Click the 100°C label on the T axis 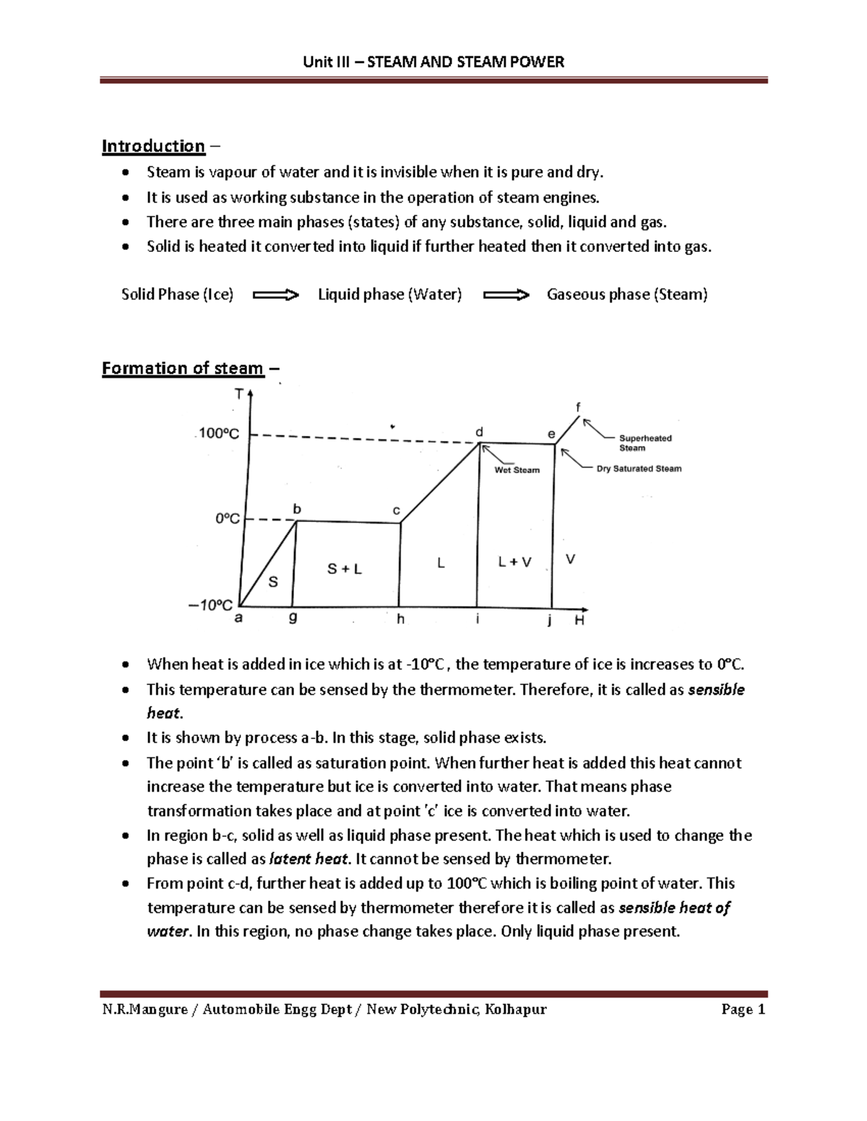click(x=219, y=434)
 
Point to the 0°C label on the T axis click(x=227, y=519)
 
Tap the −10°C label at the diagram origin click(x=210, y=606)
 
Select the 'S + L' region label click(x=345, y=569)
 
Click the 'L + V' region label click(x=514, y=562)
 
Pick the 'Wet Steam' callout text click(x=517, y=470)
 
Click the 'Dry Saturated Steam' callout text click(x=639, y=468)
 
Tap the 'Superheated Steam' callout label click(x=645, y=442)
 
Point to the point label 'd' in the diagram click(x=478, y=432)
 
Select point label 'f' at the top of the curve click(x=577, y=406)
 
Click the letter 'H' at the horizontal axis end click(x=579, y=621)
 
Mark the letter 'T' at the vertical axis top click(x=238, y=394)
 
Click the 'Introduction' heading click(x=153, y=147)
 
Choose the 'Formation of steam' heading click(x=182, y=368)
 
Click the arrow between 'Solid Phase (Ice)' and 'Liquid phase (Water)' click(x=276, y=295)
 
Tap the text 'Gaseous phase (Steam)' click(x=627, y=295)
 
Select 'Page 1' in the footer click(x=743, y=1009)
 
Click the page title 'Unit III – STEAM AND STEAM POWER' click(x=433, y=62)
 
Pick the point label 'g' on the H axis click(x=293, y=619)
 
